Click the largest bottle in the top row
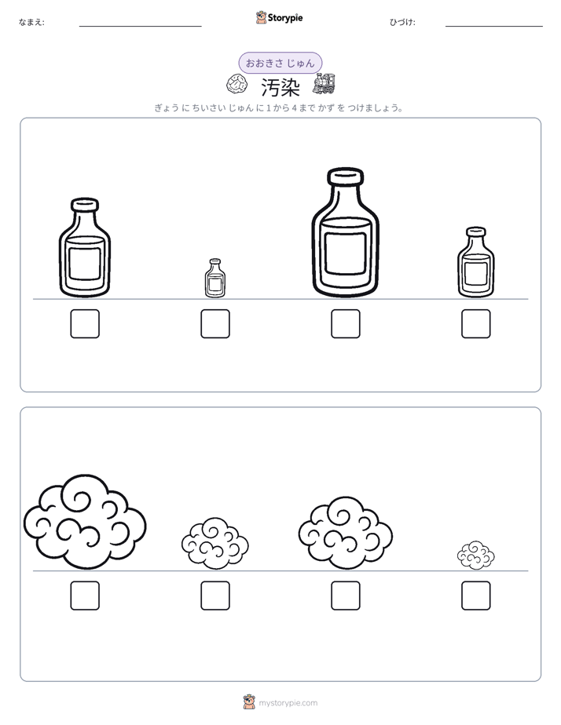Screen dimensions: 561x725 pyautogui.click(x=345, y=232)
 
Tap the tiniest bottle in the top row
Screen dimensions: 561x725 pyautogui.click(x=215, y=278)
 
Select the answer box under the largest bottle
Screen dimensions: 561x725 pyautogui.click(x=345, y=323)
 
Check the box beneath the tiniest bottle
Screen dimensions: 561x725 pyautogui.click(x=215, y=323)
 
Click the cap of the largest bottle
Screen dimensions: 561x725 pyautogui.click(x=345, y=177)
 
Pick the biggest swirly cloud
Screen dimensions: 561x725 pyautogui.click(x=85, y=521)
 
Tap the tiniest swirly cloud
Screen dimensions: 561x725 pyautogui.click(x=476, y=555)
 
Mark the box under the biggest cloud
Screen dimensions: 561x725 pyautogui.click(x=85, y=596)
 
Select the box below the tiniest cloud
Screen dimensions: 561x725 pyautogui.click(x=476, y=596)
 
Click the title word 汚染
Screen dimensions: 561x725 pyautogui.click(x=280, y=87)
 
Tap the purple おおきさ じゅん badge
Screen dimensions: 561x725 pyautogui.click(x=280, y=63)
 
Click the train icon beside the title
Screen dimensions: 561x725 pyautogui.click(x=324, y=84)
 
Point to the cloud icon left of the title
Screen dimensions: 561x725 pyautogui.click(x=237, y=84)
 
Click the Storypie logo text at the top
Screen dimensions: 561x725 pyautogui.click(x=285, y=18)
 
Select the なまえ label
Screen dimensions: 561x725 pyautogui.click(x=31, y=22)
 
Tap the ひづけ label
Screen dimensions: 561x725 pyautogui.click(x=402, y=22)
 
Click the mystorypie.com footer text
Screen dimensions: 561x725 pyautogui.click(x=288, y=703)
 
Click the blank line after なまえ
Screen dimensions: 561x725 pyautogui.click(x=140, y=27)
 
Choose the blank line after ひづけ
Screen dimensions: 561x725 pyautogui.click(x=494, y=27)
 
